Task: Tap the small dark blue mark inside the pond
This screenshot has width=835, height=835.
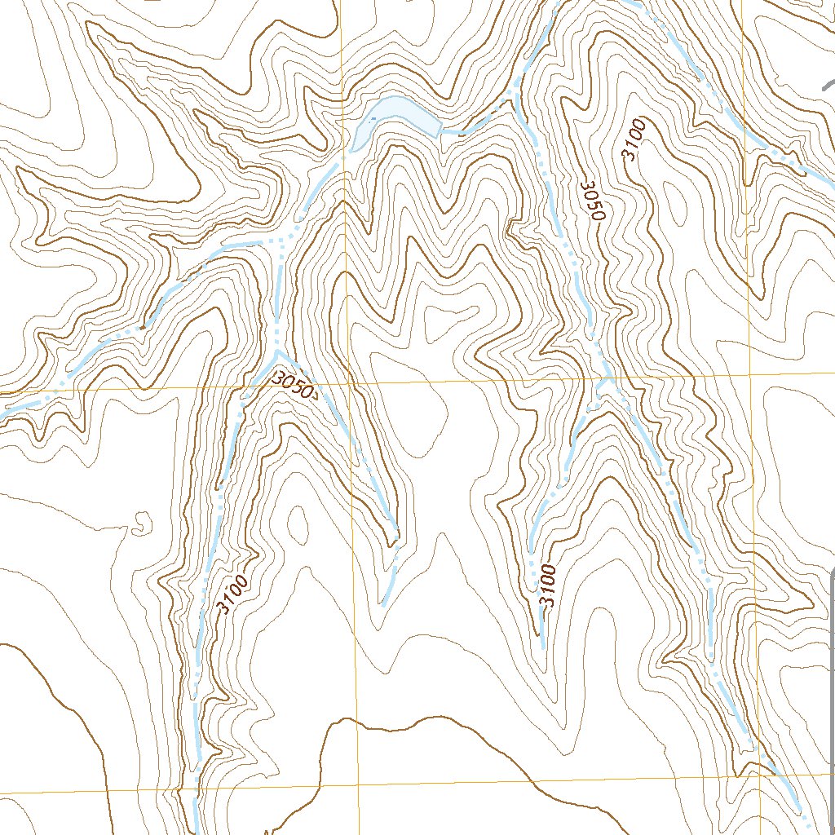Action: (373, 119)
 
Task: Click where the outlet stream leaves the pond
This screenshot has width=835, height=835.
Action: (440, 130)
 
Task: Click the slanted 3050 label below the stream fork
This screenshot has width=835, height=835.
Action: (293, 384)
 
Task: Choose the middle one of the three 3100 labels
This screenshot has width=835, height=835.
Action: (547, 585)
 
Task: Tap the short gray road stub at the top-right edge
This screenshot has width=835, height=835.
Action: (828, 84)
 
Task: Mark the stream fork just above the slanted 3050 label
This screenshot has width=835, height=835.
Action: (277, 351)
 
